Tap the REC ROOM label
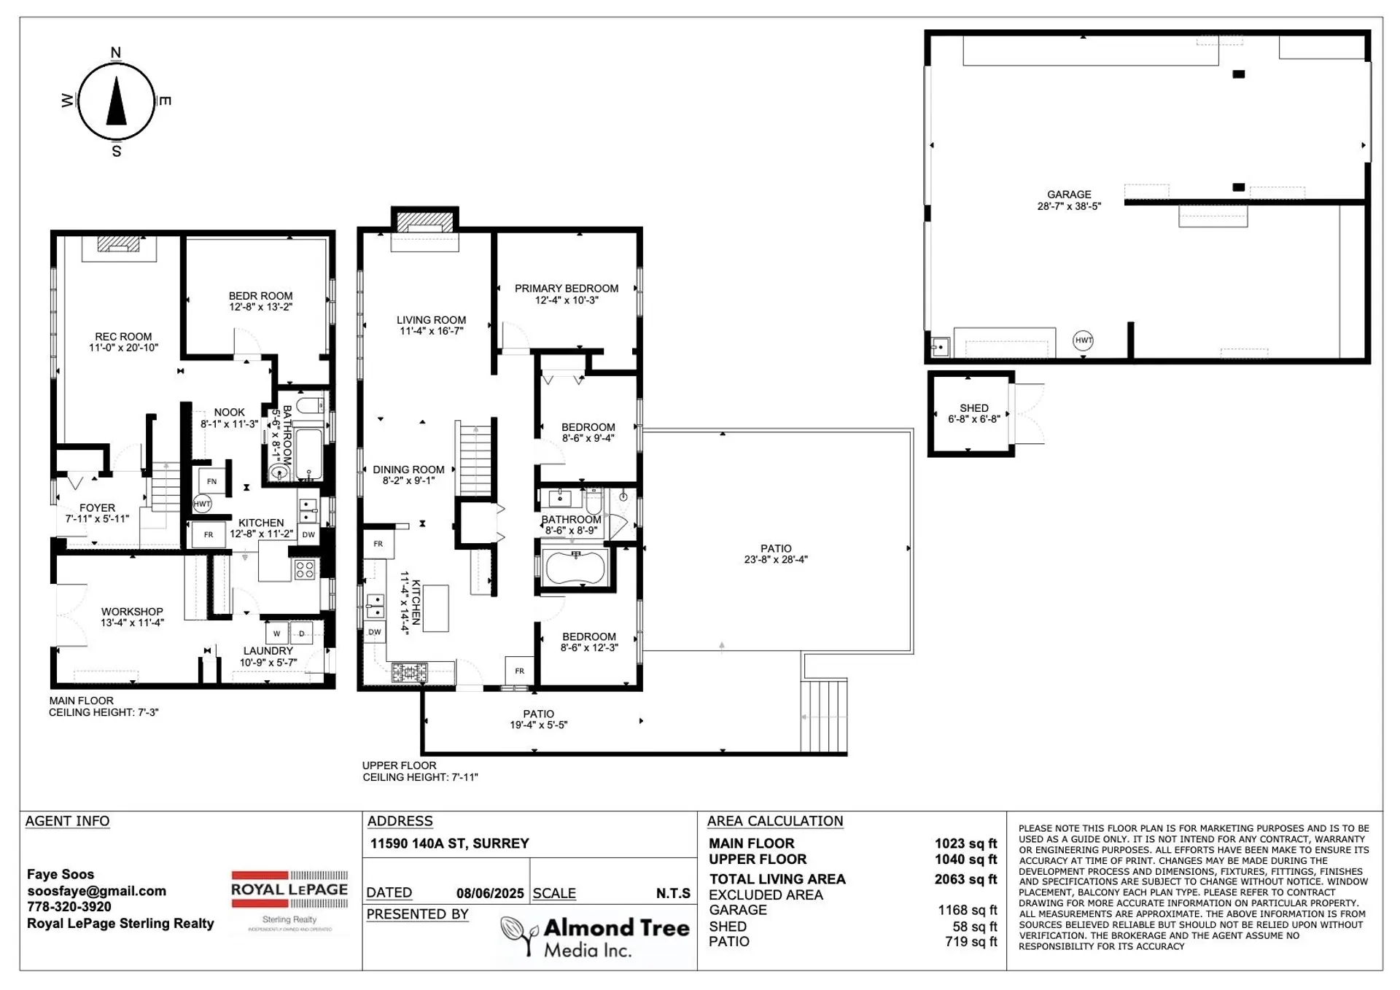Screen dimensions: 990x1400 click(123, 337)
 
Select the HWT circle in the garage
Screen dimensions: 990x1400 click(1084, 340)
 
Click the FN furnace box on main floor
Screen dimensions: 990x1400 click(211, 481)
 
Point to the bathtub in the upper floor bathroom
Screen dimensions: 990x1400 click(575, 567)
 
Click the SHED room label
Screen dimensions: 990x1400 click(974, 408)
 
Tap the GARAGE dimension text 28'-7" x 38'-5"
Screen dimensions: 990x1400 click(1069, 206)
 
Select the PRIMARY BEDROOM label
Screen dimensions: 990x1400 click(567, 289)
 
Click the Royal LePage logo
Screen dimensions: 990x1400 click(289, 890)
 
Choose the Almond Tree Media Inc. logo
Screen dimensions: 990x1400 click(595, 936)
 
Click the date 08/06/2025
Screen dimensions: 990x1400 click(490, 893)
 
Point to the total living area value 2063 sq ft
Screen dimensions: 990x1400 click(965, 879)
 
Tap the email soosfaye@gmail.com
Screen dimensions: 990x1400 click(96, 891)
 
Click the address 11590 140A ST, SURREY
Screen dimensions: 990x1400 click(449, 843)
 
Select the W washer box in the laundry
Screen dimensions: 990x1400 click(276, 634)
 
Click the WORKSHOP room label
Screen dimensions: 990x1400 click(132, 612)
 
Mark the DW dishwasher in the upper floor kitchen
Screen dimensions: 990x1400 click(374, 632)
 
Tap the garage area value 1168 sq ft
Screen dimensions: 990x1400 click(967, 910)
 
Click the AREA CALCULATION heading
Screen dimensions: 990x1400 click(775, 821)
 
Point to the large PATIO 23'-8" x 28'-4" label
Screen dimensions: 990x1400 click(775, 548)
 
